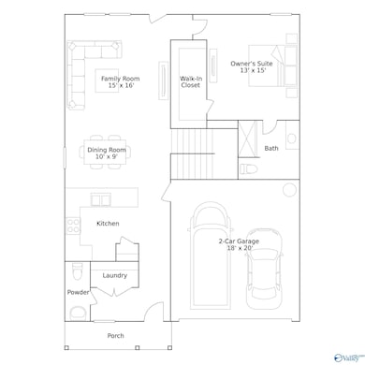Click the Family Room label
pos(120,83)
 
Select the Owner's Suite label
pos(248,67)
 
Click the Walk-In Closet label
pos(190,82)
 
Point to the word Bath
pos(271,148)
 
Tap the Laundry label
pos(115,275)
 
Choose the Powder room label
pos(78,292)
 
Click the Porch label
pos(115,335)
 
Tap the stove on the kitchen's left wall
pos(70,225)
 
